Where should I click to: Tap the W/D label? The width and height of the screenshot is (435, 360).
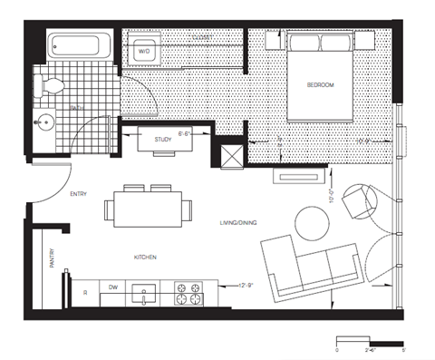tap(144, 53)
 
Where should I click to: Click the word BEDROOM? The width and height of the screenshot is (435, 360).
tap(320, 84)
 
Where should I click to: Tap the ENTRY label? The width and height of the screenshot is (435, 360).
tap(78, 194)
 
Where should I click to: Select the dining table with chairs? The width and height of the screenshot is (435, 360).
tap(150, 209)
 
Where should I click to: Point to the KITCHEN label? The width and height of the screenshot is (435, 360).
tap(146, 258)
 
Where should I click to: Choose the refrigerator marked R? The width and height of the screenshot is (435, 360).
tap(84, 293)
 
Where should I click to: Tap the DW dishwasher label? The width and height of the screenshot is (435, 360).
tap(113, 287)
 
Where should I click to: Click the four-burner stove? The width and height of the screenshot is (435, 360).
tap(188, 293)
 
